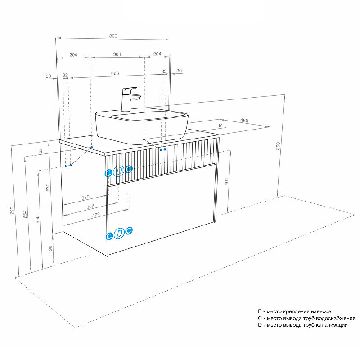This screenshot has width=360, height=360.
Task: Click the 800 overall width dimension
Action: point(113,36)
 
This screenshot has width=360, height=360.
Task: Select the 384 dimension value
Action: point(117,54)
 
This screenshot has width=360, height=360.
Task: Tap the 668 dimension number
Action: point(115,73)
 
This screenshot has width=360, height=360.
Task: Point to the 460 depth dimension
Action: point(244,120)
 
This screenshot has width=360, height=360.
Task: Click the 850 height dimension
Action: point(278,146)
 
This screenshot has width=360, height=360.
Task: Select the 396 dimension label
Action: point(90,207)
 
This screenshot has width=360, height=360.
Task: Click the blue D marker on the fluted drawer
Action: point(119,171)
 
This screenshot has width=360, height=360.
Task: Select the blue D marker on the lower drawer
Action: point(119,233)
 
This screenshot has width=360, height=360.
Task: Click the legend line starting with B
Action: point(294,311)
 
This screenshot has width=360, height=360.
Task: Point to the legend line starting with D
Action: point(302,325)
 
